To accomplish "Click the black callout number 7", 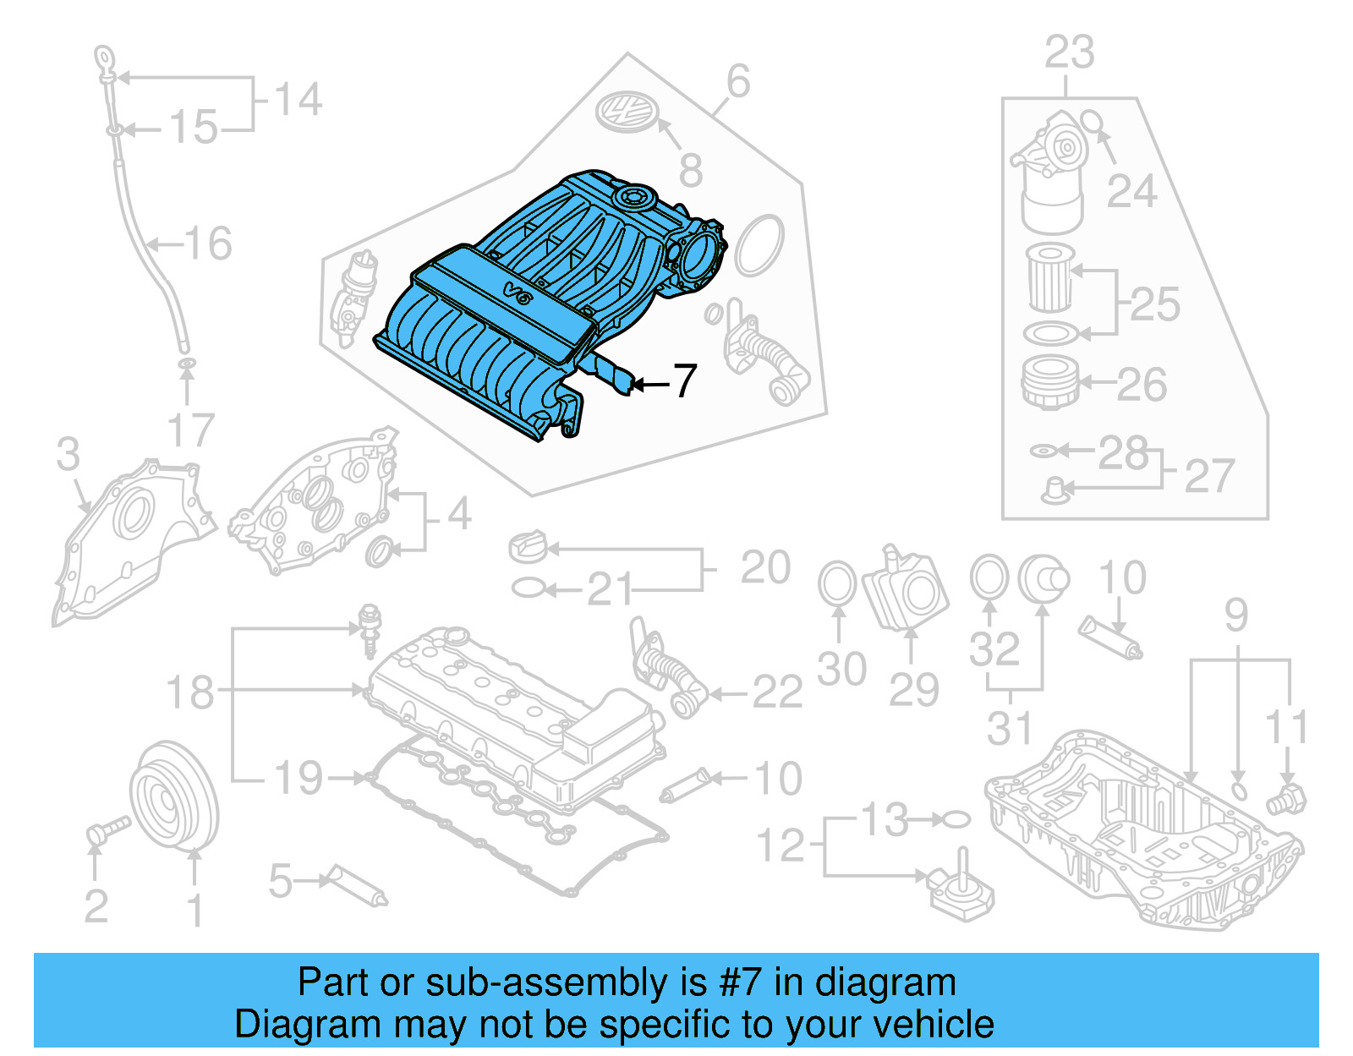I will tap(685, 381).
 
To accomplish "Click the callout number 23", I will tap(1069, 52).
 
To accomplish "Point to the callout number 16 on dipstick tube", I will tap(208, 243).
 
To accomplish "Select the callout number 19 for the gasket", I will tap(299, 778).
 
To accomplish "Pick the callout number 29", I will tap(913, 690).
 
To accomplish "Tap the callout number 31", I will tap(1010, 729).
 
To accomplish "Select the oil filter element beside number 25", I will tap(1050, 277).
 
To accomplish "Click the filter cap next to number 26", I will tap(1049, 382).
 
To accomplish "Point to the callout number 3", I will tap(68, 454).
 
